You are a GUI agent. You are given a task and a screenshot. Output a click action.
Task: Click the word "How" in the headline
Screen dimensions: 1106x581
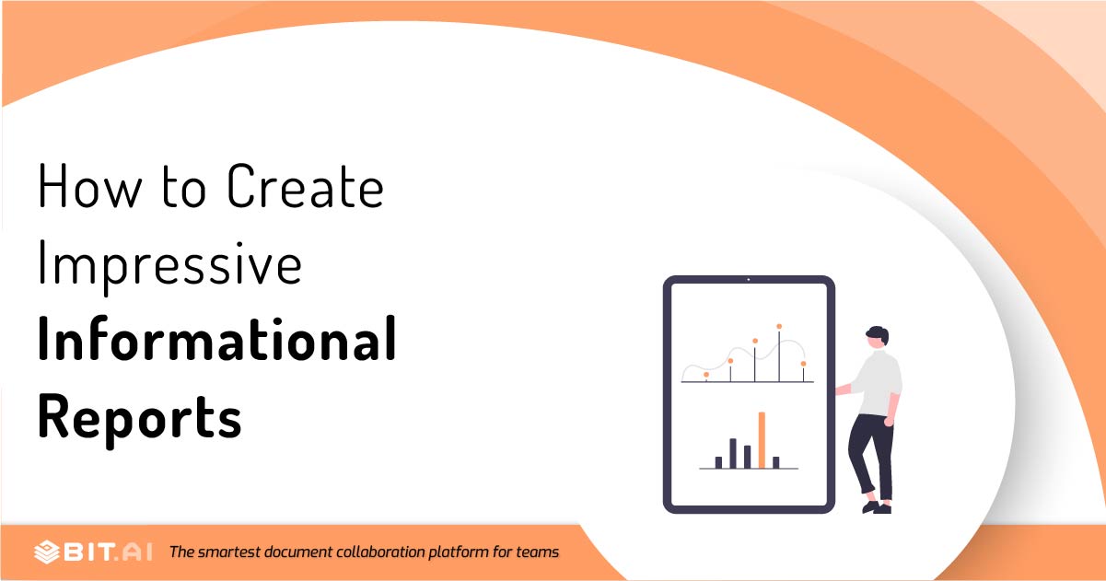coord(90,186)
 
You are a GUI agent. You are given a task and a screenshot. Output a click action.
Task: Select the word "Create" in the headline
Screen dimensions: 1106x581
coord(305,186)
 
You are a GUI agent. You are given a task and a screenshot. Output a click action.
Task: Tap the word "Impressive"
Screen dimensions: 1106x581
coord(169,266)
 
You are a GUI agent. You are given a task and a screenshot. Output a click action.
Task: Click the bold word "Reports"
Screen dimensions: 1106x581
coord(140,419)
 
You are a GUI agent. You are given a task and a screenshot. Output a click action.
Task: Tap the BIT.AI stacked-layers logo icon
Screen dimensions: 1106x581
coord(47,552)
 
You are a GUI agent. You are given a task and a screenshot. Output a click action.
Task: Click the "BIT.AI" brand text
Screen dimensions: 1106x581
coord(108,552)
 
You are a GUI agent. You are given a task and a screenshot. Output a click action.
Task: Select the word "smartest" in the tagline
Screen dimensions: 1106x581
coord(228,552)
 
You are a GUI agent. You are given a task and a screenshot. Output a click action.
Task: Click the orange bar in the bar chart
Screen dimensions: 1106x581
coord(762,440)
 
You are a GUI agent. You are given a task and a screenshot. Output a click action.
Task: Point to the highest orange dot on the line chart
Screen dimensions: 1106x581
coord(779,326)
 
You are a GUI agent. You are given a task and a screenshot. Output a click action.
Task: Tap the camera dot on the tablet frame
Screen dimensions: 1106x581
coord(749,280)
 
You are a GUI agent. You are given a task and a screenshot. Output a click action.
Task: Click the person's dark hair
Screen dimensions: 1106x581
coord(879,333)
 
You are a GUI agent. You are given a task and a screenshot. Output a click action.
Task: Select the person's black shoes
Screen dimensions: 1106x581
coord(877,507)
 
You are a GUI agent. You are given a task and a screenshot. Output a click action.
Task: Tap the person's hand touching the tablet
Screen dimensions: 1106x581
coord(840,390)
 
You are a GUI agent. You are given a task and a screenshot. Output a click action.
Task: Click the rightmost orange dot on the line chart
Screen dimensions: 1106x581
coord(803,364)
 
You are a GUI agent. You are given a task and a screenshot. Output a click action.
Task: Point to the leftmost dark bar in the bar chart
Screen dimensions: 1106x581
coord(718,462)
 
